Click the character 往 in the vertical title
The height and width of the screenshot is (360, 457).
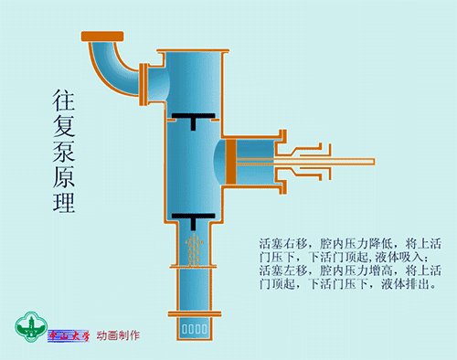point(63,101)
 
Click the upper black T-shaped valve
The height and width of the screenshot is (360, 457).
point(192,119)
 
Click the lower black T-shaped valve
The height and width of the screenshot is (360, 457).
point(192,220)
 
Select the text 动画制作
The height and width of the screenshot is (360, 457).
point(118,335)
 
